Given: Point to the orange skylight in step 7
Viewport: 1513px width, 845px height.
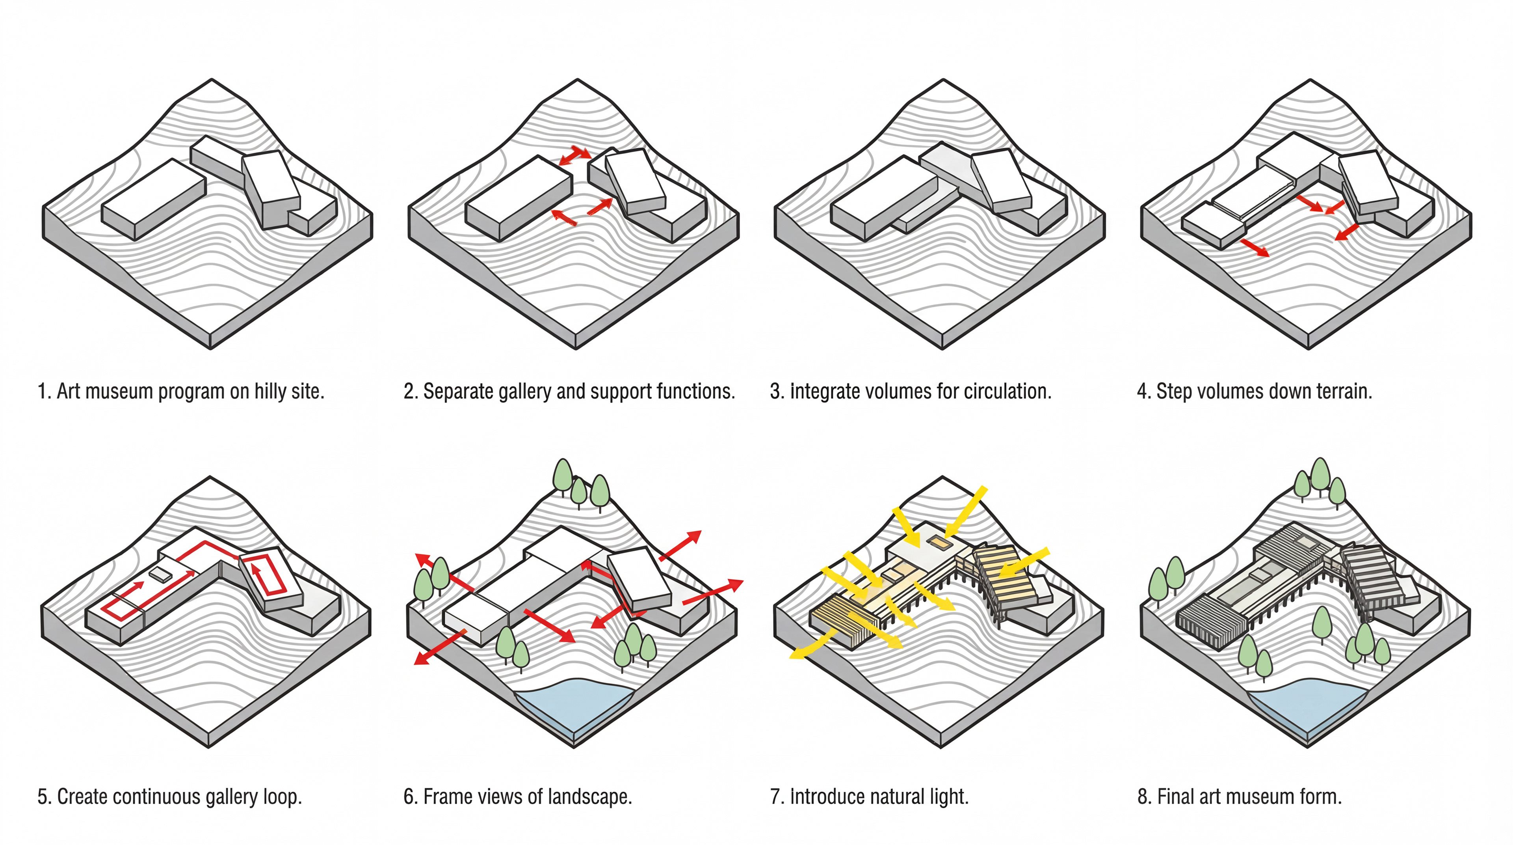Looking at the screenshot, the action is click(x=939, y=543).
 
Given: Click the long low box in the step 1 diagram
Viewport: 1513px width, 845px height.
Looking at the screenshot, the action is click(x=154, y=199).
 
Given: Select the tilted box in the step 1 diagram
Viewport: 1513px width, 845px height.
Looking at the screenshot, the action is click(x=271, y=188).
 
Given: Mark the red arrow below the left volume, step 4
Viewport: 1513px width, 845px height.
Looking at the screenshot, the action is click(x=1254, y=247).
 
